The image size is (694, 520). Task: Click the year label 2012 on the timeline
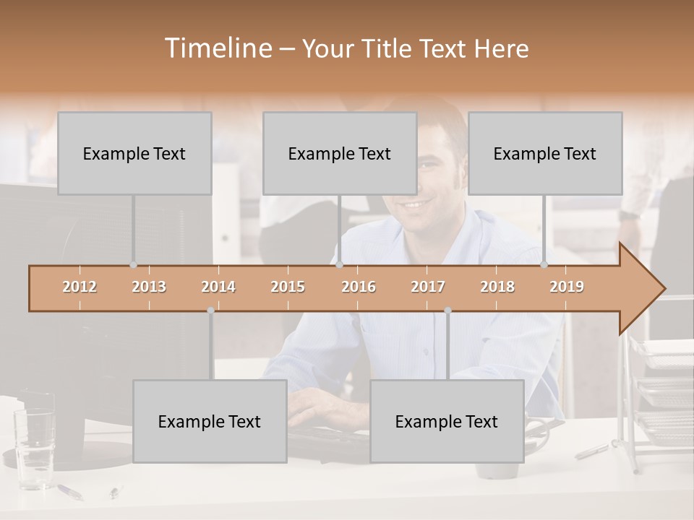(80, 287)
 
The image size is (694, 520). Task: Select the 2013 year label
(149, 287)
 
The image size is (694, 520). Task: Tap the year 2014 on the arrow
(218, 287)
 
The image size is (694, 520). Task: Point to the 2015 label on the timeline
(288, 287)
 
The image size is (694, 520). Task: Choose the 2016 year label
(359, 287)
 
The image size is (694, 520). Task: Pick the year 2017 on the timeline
(428, 287)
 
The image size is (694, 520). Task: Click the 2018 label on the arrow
(497, 287)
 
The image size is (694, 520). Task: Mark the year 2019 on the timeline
(567, 287)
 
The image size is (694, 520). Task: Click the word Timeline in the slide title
(218, 48)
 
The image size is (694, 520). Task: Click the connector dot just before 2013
(133, 265)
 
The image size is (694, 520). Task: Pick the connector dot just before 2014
(210, 311)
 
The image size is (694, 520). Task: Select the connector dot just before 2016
(339, 265)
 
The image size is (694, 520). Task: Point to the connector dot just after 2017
(447, 311)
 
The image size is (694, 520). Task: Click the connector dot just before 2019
(544, 265)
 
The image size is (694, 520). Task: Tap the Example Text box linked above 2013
(134, 153)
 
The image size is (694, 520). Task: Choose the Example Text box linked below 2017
(447, 421)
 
